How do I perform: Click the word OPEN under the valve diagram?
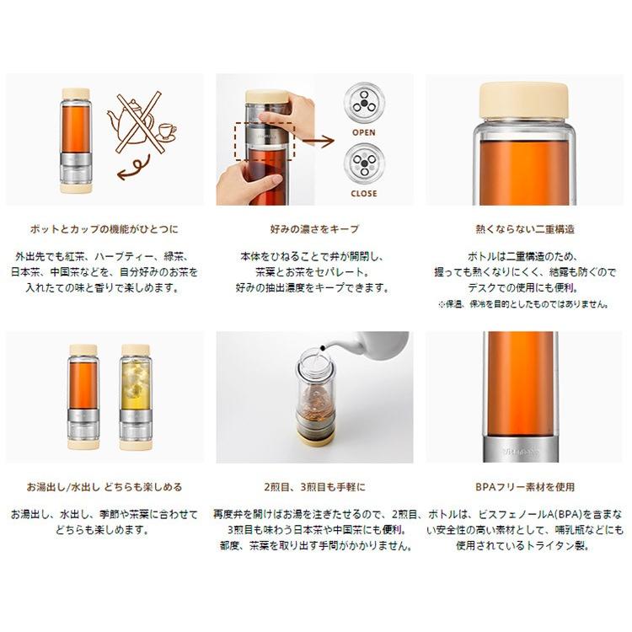coord(363,132)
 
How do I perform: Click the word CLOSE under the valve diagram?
coord(364,194)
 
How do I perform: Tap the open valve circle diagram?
coord(364,103)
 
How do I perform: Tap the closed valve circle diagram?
coord(364,163)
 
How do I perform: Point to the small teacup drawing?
coord(168,131)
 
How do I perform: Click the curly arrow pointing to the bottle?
coord(134,168)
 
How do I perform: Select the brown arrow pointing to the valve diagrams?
coord(319,141)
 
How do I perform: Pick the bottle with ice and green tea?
coord(136,397)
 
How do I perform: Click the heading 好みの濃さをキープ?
coord(314,229)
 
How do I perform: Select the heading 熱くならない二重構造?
coord(525,229)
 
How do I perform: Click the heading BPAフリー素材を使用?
coord(525,487)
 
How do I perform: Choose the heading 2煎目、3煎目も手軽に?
coord(314,487)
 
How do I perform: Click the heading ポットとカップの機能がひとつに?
coord(104,229)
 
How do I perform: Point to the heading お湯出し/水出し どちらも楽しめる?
coord(104,487)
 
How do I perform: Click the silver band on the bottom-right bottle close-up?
coord(521,448)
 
